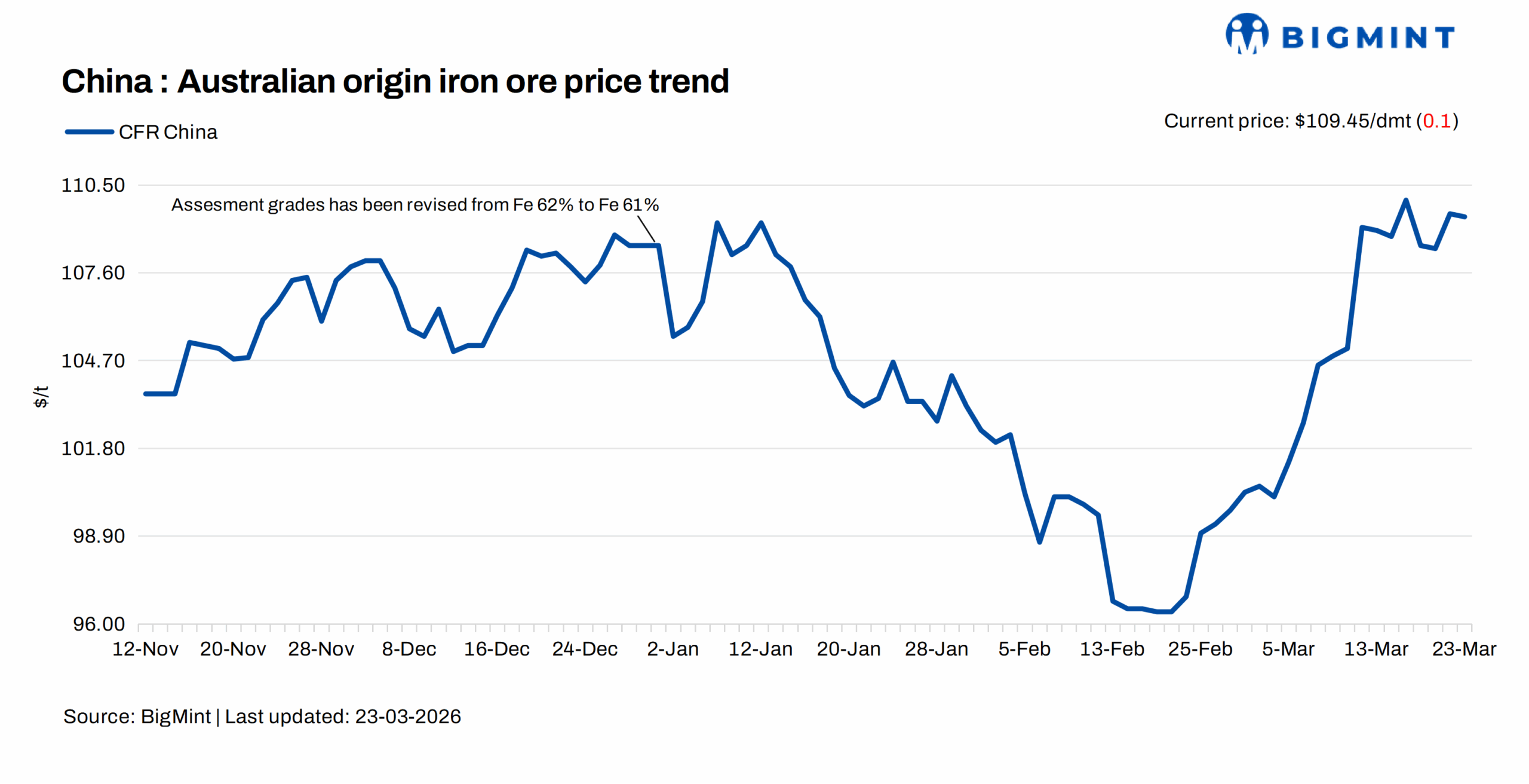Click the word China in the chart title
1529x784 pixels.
click(x=107, y=81)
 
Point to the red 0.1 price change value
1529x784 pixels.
click(x=1436, y=121)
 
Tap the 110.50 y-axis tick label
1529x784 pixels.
click(x=93, y=185)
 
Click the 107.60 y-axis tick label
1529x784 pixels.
click(x=93, y=273)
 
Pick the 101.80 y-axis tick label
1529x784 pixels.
click(x=93, y=448)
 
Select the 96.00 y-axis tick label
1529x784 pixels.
click(x=99, y=624)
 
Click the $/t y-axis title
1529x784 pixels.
click(x=41, y=397)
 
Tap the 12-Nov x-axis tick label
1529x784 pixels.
click(x=145, y=649)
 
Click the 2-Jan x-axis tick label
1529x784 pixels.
click(x=673, y=649)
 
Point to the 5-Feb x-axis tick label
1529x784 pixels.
click(x=1024, y=649)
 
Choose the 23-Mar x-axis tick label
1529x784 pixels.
click(x=1464, y=649)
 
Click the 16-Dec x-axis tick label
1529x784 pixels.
click(x=496, y=649)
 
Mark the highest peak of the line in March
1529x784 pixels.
click(x=1405, y=200)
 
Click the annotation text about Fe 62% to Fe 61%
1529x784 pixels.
click(x=415, y=205)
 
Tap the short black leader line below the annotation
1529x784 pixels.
click(x=646, y=229)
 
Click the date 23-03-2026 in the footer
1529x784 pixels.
click(x=407, y=716)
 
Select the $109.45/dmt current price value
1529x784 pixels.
click(x=1352, y=121)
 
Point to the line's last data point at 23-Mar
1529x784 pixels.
click(x=1464, y=217)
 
